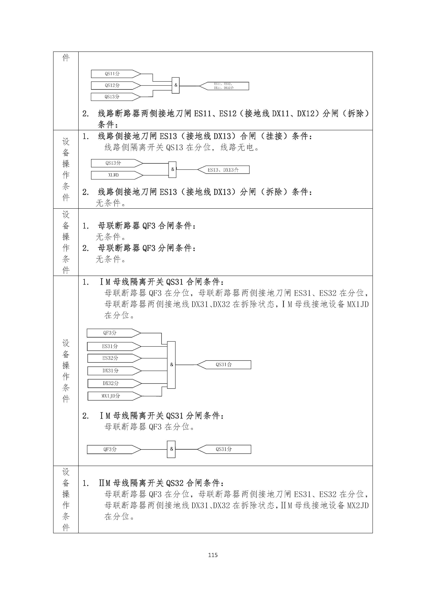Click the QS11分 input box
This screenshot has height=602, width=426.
click(x=113, y=74)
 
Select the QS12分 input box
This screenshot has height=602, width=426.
click(x=113, y=86)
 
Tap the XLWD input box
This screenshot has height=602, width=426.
click(x=114, y=175)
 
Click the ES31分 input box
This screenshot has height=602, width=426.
click(x=110, y=346)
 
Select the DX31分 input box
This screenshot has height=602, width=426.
click(x=111, y=371)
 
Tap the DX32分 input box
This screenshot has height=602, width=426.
click(x=111, y=383)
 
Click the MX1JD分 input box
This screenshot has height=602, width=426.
click(x=111, y=396)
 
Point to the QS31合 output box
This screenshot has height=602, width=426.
click(x=224, y=365)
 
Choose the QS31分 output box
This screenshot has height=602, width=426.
click(x=224, y=449)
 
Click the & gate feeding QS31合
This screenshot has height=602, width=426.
click(x=171, y=365)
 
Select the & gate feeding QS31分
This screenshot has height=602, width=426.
click(x=171, y=449)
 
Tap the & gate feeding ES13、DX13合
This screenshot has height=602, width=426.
click(x=172, y=169)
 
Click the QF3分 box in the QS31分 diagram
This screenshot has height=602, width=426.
click(x=110, y=449)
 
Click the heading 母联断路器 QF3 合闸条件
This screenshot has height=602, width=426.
click(x=147, y=226)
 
